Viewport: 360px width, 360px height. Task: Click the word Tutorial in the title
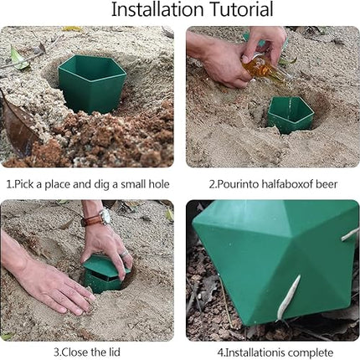click(x=241, y=9)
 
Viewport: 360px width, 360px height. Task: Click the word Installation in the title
click(x=157, y=9)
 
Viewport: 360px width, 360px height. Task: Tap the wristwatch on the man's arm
click(x=104, y=217)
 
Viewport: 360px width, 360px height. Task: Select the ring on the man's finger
click(x=124, y=254)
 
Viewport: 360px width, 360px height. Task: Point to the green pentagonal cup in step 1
click(x=92, y=83)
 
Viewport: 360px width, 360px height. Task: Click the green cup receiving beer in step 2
click(x=291, y=115)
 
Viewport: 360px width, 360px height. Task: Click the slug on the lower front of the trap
click(x=289, y=296)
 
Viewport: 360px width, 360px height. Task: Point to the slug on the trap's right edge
click(x=350, y=234)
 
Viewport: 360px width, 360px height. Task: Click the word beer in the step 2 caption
click(x=327, y=184)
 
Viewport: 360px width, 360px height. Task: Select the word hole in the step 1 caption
click(x=159, y=184)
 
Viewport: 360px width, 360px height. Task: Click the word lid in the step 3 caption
click(x=114, y=352)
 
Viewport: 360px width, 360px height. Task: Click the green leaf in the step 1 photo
click(x=19, y=59)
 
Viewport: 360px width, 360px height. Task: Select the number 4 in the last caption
click(x=219, y=352)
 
